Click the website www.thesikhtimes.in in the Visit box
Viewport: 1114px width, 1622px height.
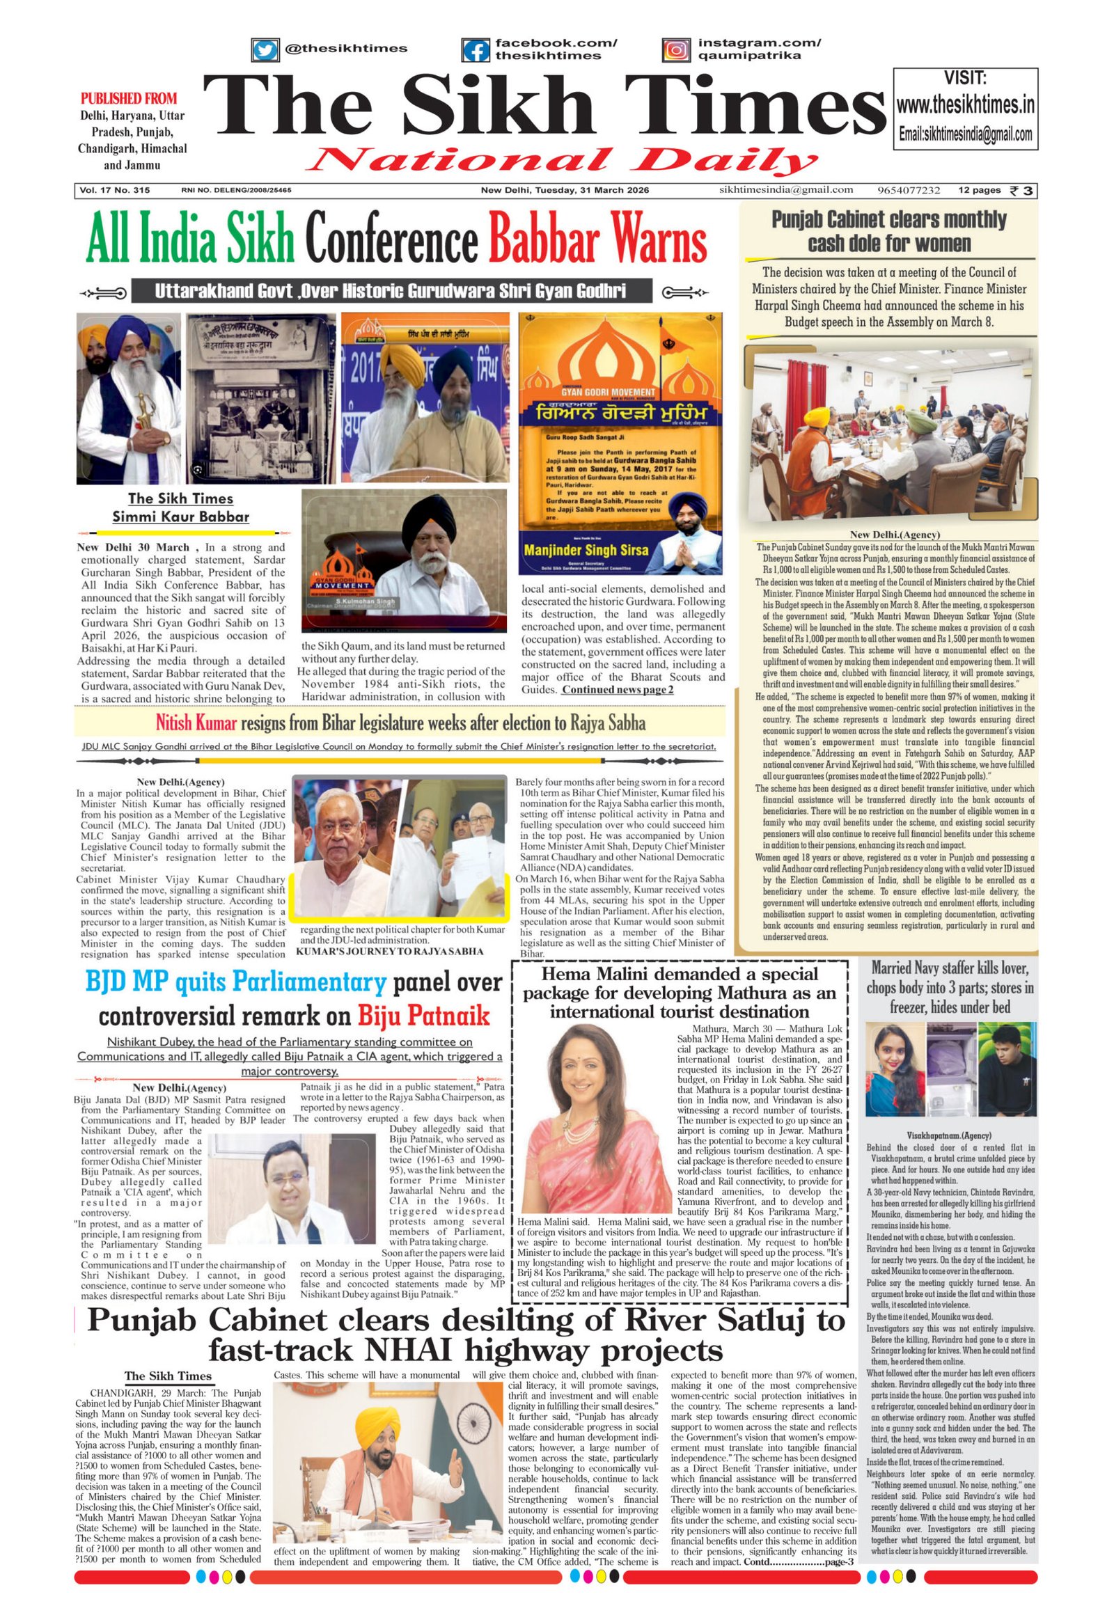click(x=964, y=105)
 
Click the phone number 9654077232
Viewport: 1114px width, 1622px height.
click(x=909, y=190)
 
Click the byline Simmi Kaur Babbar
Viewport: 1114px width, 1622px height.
click(x=180, y=517)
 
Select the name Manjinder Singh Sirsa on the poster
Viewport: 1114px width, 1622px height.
click(x=586, y=550)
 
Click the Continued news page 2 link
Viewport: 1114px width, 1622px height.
click(x=618, y=690)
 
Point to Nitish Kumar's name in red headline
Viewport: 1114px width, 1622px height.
click(x=196, y=722)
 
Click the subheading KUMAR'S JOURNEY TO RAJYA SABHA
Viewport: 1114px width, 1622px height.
click(x=389, y=952)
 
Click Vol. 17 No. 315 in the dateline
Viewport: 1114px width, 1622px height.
click(x=114, y=191)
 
